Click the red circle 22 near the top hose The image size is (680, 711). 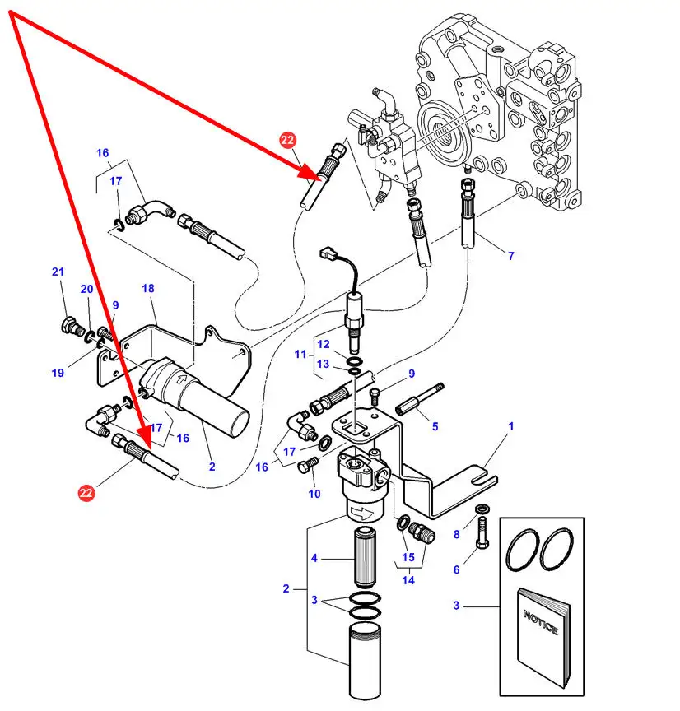click(x=287, y=140)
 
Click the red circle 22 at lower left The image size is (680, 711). click(x=86, y=492)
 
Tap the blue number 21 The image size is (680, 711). click(x=58, y=272)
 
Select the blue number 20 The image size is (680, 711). click(x=86, y=289)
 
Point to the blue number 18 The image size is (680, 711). click(x=148, y=288)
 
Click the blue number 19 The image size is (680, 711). click(x=58, y=373)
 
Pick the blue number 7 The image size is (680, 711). click(x=510, y=256)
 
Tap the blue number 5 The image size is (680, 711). click(x=435, y=427)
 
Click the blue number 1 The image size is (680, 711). click(x=510, y=426)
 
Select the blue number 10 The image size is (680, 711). click(x=314, y=494)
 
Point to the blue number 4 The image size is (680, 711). click(x=314, y=558)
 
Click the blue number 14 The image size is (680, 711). click(x=408, y=580)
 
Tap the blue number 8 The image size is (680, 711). click(x=457, y=535)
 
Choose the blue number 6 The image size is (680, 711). click(x=456, y=569)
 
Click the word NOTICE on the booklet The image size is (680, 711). click(x=540, y=623)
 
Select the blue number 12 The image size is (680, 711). click(x=324, y=344)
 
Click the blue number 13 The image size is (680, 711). click(x=323, y=364)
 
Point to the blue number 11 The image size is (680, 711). click(x=300, y=354)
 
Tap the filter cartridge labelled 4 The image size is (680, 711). click(x=366, y=558)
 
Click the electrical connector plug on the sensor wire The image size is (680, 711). click(x=328, y=253)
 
